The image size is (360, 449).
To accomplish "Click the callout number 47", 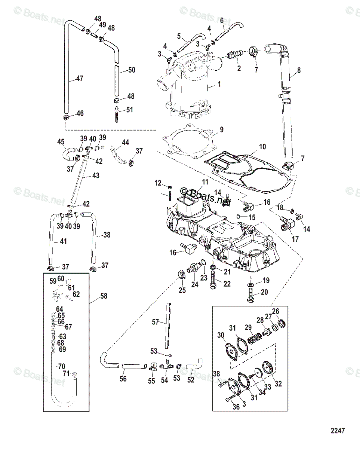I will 80,79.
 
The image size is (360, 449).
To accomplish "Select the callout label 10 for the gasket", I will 262,147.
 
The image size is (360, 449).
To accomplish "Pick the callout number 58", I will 103,296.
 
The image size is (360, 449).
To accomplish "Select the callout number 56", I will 123,379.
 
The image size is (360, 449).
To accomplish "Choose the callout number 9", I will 221,130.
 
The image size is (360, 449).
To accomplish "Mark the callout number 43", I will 96,175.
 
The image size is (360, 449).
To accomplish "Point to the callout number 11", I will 204,182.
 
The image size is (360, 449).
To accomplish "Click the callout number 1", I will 219,85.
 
